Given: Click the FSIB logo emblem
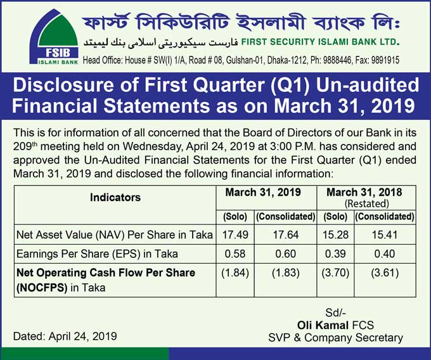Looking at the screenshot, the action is (54, 37).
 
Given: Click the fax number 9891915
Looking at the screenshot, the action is (385, 60).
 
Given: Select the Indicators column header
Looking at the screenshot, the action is (115, 197).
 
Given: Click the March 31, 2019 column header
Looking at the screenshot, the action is (263, 192).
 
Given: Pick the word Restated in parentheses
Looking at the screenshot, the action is (367, 203).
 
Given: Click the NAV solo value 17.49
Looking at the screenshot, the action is (235, 235).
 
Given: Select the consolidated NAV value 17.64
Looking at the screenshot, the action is (286, 235).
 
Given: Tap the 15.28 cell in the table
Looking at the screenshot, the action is (335, 235).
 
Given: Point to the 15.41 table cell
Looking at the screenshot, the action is (385, 235).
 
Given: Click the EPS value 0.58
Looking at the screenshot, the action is (235, 254).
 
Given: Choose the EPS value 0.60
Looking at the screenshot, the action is (286, 254).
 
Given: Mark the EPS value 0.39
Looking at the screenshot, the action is (335, 254).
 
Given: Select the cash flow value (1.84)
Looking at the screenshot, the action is (235, 273).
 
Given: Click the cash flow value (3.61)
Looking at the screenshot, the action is (385, 273).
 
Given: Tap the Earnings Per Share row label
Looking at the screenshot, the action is (97, 254).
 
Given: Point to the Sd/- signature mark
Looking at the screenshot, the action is (335, 312).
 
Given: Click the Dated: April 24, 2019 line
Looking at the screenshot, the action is (65, 337).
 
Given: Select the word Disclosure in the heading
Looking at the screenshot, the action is (63, 85).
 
